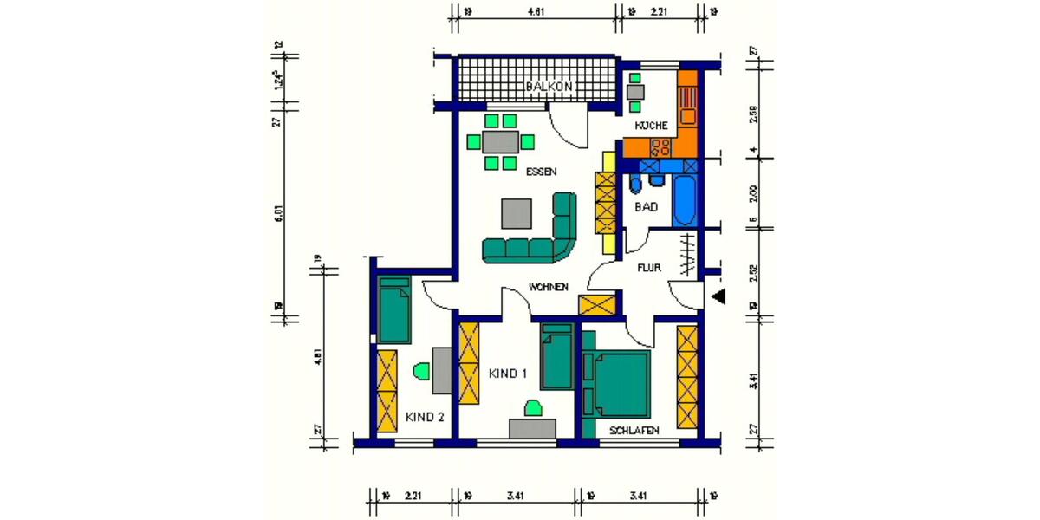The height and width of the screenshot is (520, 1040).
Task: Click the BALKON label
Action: pos(549,87)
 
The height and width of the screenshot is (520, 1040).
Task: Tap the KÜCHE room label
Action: pos(651,126)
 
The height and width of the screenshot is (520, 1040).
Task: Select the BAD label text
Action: pos(646,207)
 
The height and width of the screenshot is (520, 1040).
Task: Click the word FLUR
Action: pos(649,268)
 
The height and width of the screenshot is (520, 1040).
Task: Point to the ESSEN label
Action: pos(542,172)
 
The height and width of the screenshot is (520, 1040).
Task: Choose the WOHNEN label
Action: pos(548,287)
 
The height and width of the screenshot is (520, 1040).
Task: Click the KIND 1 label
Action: pos(508,374)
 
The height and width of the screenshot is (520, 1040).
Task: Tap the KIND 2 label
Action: pos(425,417)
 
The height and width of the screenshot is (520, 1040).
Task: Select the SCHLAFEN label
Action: pos(634,431)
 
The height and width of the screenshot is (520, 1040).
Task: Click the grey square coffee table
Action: pos(517,214)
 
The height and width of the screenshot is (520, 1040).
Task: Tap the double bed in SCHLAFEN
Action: pos(620,382)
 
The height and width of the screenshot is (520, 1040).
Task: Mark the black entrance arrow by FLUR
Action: pos(718,297)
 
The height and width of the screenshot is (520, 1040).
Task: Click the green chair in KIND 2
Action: pos(422,371)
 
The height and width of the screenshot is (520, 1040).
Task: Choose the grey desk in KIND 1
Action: pos(532,428)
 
